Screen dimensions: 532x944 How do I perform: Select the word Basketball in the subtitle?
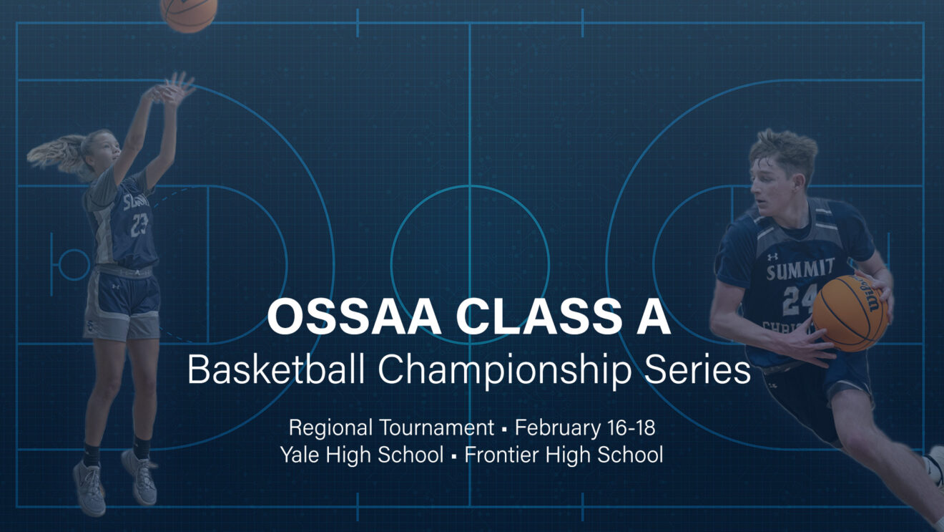click(277, 370)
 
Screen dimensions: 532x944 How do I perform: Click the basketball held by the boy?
click(850, 313)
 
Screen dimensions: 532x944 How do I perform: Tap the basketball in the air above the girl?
click(188, 13)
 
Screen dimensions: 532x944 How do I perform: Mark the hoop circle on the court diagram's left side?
click(73, 264)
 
